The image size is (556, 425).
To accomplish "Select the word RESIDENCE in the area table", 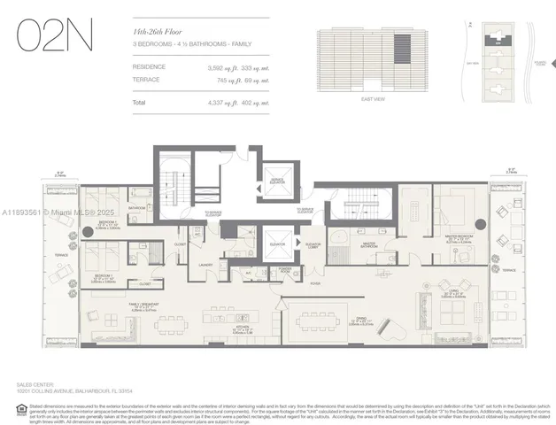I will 149,66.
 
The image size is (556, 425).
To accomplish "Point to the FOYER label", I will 314,283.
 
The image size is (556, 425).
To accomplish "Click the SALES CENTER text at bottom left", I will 35,385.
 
